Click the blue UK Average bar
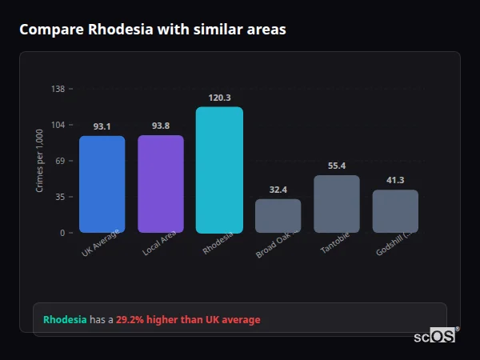point(102,184)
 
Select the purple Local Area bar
point(161,184)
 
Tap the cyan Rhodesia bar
point(219,170)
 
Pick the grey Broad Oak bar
point(278,216)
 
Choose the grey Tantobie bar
point(337,204)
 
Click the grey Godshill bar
point(395,211)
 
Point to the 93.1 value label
point(102,126)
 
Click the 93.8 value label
point(161,126)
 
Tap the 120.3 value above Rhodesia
point(219,98)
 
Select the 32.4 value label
point(278,190)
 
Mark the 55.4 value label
point(337,166)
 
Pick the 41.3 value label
point(395,180)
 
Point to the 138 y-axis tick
point(58,89)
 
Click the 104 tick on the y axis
point(58,125)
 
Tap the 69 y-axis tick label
point(61,161)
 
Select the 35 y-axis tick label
point(61,197)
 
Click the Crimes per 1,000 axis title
point(40,161)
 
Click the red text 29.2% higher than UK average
point(188,320)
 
